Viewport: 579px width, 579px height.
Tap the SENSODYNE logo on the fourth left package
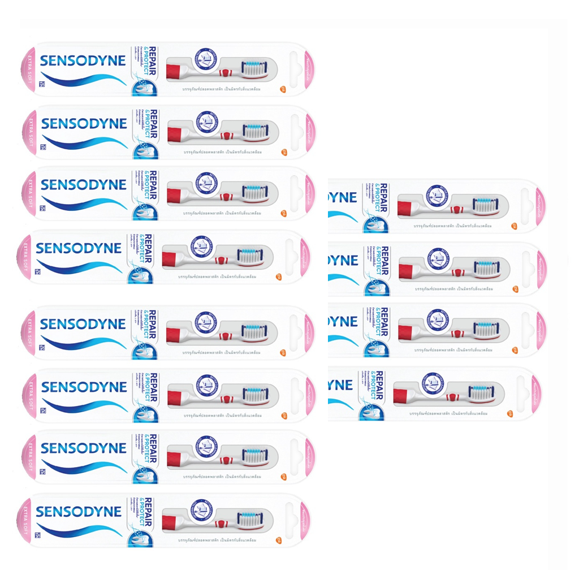[x=78, y=248]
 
